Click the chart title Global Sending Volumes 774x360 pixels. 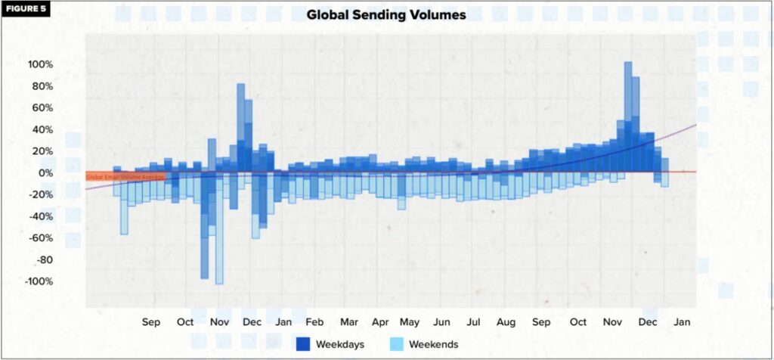(386, 14)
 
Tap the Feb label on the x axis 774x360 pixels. (315, 322)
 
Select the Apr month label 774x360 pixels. (380, 322)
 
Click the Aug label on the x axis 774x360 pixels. (506, 322)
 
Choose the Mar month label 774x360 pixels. (348, 322)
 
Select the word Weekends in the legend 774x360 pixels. (433, 344)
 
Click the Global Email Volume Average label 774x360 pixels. (124, 177)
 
